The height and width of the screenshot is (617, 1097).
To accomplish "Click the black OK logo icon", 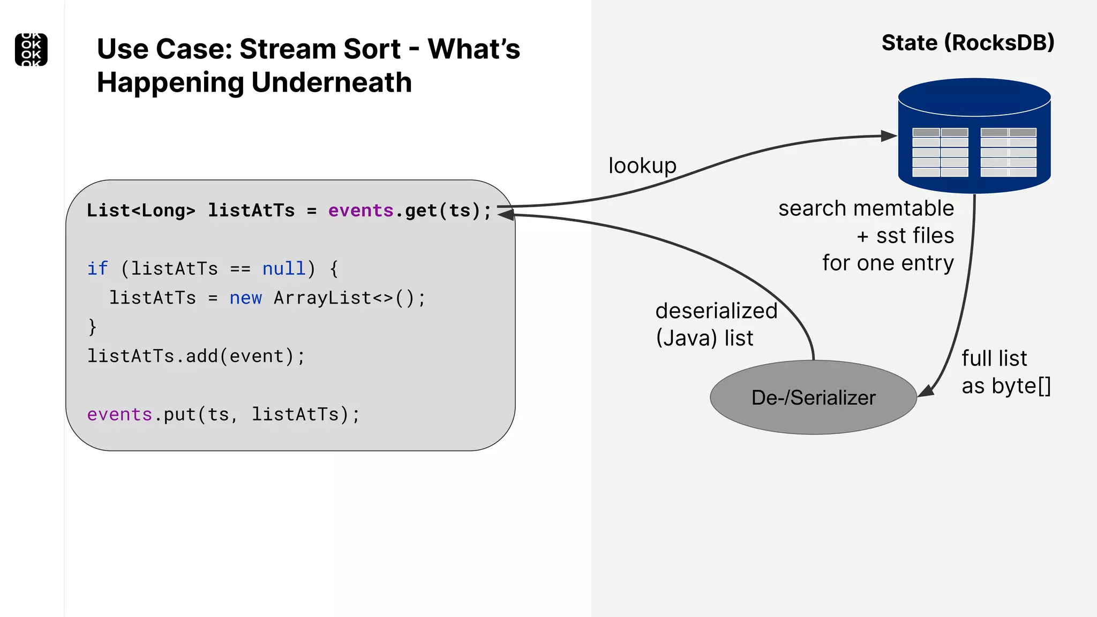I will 31,50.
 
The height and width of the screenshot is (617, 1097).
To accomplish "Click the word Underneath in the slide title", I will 332,83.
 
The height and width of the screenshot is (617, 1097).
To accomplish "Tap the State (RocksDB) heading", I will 967,43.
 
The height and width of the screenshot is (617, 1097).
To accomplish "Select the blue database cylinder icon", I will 974,136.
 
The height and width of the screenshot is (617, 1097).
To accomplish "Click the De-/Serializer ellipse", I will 813,397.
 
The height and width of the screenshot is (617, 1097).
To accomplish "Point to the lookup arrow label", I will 642,165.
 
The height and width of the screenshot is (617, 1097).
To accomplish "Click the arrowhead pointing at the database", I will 889,136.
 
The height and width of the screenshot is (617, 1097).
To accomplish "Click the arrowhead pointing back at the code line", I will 506,214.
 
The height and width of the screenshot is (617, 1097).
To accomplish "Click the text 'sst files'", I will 915,236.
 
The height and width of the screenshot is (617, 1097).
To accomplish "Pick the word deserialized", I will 716,311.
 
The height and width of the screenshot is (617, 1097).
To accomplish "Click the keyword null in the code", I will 283,268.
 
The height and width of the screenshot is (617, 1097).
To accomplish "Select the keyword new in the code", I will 245,298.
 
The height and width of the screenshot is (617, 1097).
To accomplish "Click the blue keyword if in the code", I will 97,268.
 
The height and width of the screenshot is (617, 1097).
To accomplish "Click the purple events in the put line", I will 119,415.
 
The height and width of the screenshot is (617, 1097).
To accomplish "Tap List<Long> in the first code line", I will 141,210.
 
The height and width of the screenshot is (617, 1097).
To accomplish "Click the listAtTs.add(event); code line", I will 196,356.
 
